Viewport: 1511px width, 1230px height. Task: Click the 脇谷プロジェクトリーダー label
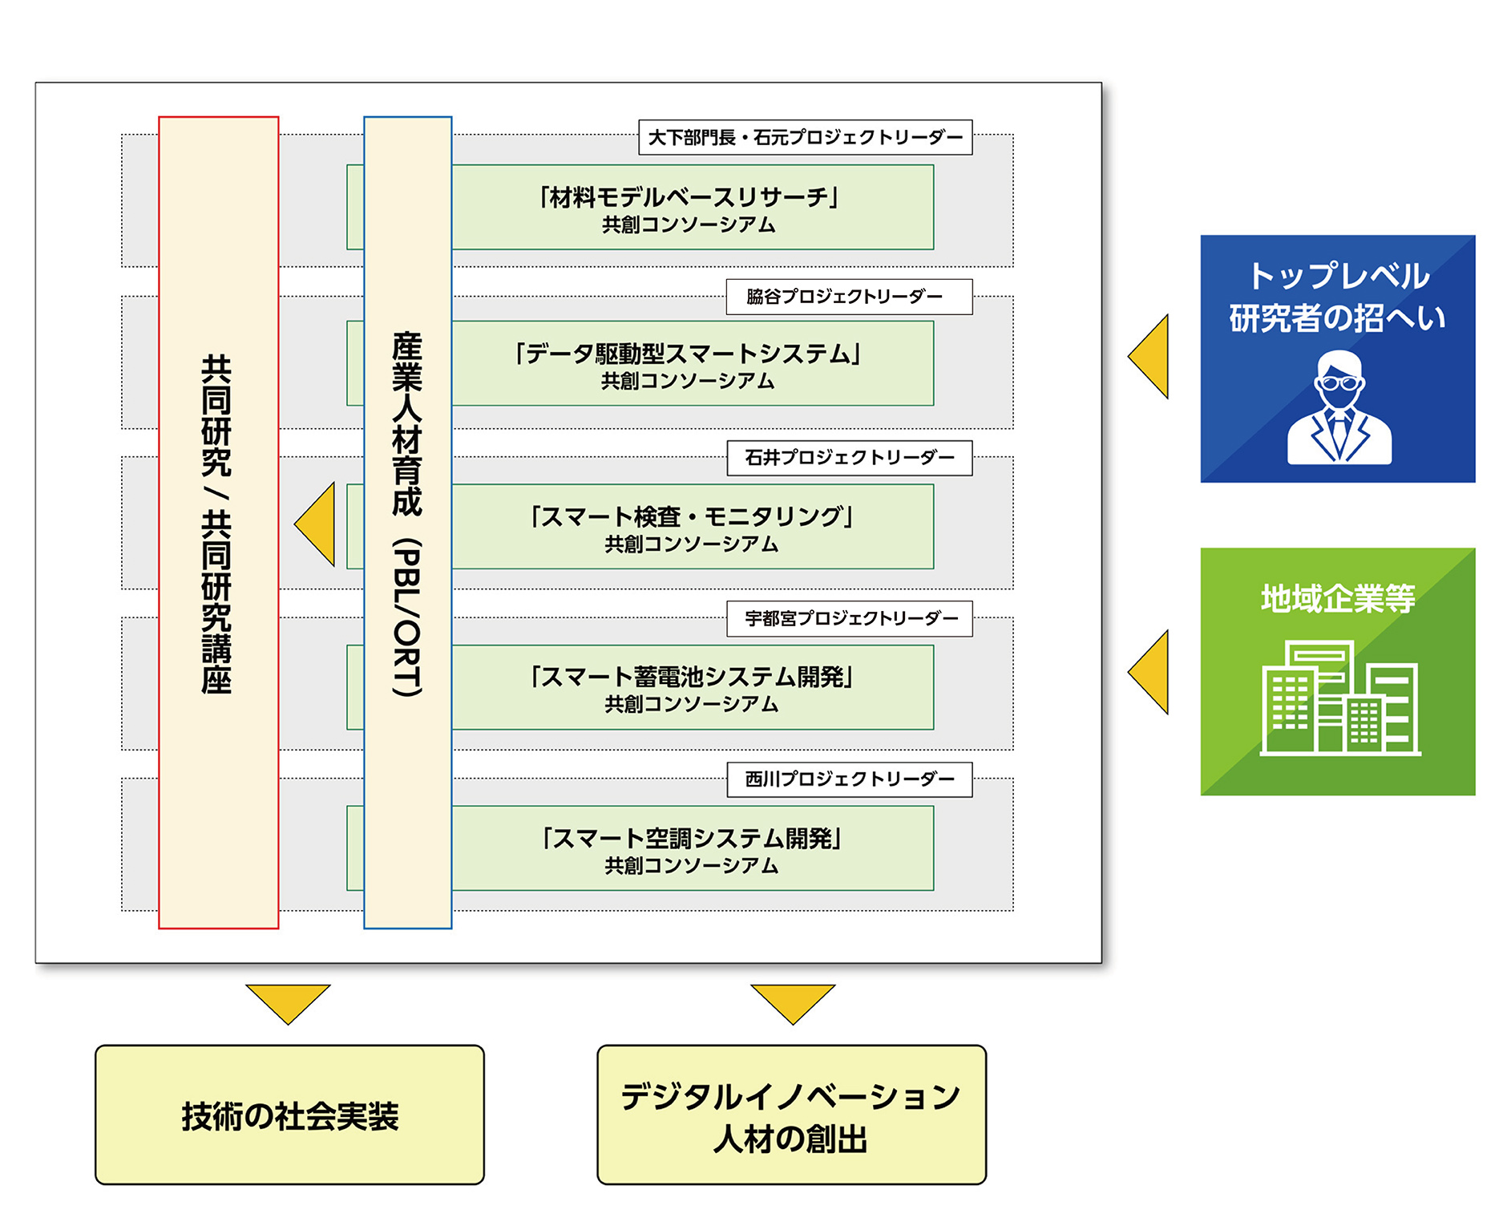[848, 297]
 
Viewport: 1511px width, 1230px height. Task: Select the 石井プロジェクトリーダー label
[849, 458]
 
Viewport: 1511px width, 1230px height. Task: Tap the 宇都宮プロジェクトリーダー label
[849, 618]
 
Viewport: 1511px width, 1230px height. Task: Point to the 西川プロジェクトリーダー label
[849, 779]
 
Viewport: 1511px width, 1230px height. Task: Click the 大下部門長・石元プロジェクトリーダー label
[805, 137]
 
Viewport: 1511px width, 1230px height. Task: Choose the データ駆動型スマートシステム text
[688, 354]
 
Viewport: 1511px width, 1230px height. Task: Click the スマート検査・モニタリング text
[691, 516]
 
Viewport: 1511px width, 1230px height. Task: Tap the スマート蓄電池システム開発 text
[691, 678]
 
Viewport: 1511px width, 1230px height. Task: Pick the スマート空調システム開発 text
[691, 839]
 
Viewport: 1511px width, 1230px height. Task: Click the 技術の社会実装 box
[289, 1115]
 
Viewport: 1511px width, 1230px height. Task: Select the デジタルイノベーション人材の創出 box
[791, 1115]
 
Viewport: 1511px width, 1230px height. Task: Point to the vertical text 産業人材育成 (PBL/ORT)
[407, 513]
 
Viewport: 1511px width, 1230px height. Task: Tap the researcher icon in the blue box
[1338, 409]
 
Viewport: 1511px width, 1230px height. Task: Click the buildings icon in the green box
[1339, 698]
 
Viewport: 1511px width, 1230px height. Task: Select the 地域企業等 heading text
[1337, 598]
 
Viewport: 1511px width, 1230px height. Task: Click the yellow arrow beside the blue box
[1151, 357]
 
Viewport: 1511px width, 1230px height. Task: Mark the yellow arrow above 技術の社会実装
[288, 1001]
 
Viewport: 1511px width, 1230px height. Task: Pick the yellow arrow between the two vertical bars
[317, 524]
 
